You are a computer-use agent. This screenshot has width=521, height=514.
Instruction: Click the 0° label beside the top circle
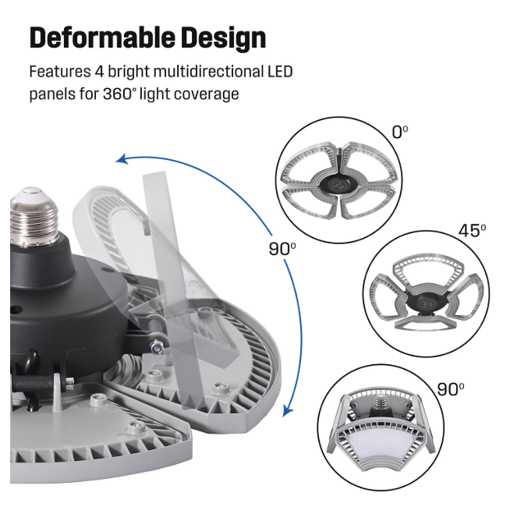click(399, 132)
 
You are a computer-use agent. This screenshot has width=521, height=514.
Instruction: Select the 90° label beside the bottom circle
click(450, 389)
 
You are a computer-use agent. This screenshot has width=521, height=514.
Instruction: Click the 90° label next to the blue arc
click(282, 250)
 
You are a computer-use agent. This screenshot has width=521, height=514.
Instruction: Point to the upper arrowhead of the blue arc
click(121, 160)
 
